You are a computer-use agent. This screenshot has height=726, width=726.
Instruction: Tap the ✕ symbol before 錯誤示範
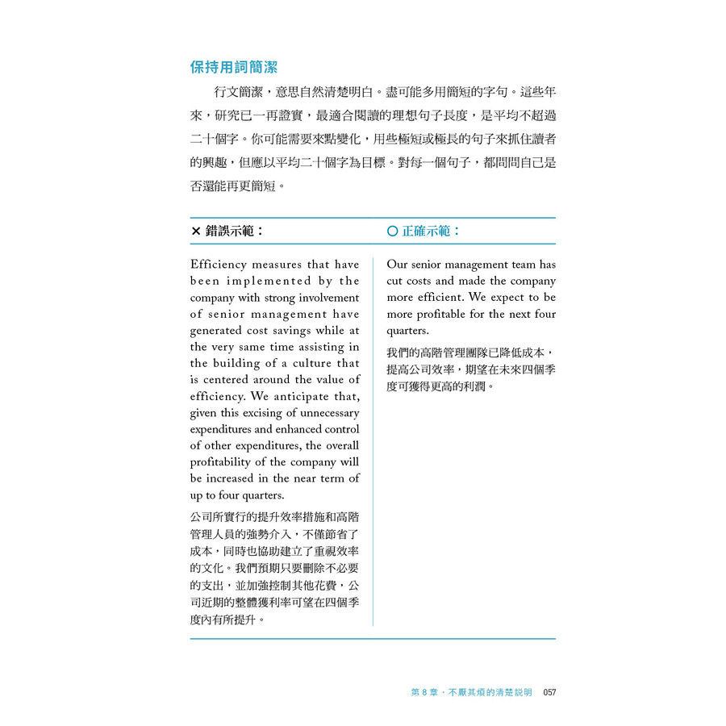pos(196,232)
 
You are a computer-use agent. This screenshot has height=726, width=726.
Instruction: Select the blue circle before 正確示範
pos(392,232)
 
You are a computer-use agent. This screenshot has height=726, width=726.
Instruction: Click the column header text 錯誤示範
pos(235,232)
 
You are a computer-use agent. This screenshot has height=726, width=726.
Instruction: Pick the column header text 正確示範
pos(432,232)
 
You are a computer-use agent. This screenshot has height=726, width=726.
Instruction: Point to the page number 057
pos(550,692)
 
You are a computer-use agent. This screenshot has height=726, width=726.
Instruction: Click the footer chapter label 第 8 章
pos(429,692)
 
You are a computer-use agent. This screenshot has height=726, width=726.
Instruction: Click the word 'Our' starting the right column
pos(397,265)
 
